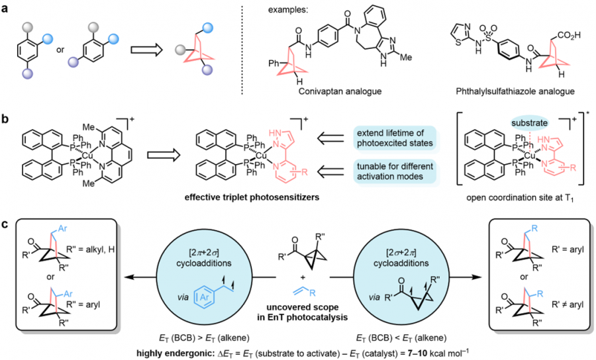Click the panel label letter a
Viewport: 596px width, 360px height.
click(x=5, y=9)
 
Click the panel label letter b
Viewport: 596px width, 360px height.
click(x=5, y=119)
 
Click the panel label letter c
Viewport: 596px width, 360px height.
click(x=5, y=224)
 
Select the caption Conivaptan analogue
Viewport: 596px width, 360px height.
click(x=340, y=91)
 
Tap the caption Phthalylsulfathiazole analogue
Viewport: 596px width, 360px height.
click(x=515, y=91)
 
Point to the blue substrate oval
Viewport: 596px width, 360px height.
click(x=529, y=123)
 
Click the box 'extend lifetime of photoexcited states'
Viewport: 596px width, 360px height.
click(x=395, y=138)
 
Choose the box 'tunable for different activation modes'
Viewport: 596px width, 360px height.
click(x=395, y=171)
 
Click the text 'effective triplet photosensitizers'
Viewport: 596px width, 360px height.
click(x=251, y=197)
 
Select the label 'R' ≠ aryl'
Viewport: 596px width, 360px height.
click(x=568, y=304)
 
